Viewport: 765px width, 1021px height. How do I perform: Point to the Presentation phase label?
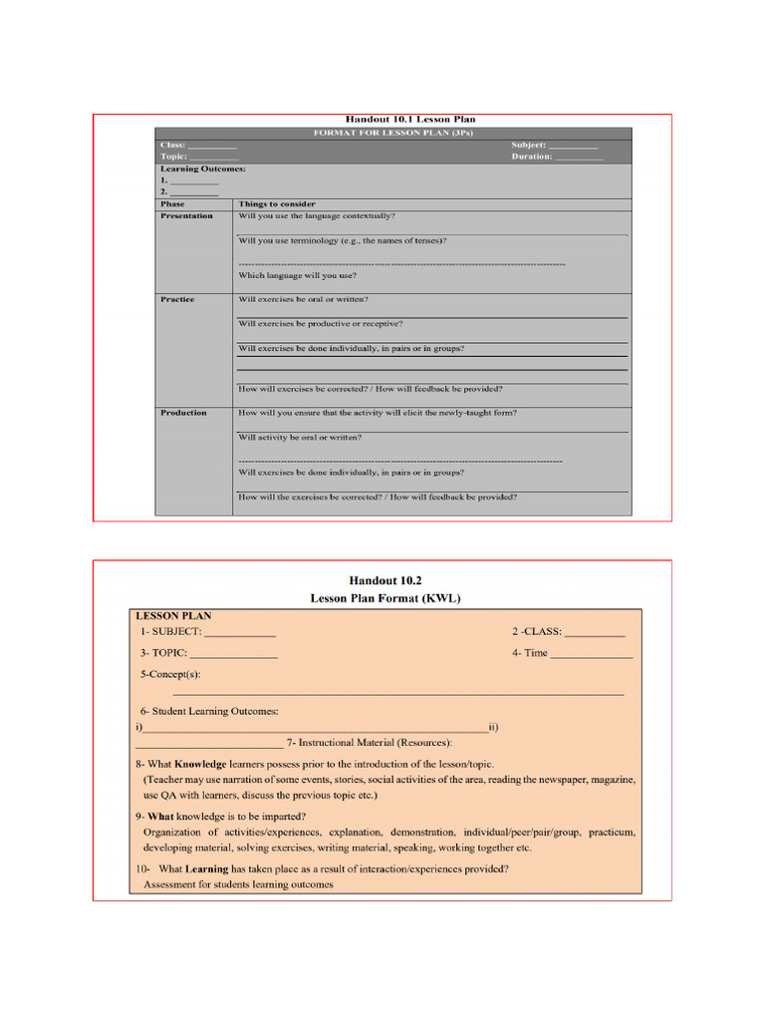coord(186,215)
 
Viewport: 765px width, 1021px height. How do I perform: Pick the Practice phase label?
coord(177,299)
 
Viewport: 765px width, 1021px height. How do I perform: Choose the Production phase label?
coord(183,412)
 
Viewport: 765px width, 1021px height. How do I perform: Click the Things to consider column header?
coord(276,203)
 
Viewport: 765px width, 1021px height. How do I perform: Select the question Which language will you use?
coord(297,275)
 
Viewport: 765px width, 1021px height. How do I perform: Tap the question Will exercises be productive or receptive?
coord(320,323)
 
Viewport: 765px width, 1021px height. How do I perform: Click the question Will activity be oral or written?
coord(300,437)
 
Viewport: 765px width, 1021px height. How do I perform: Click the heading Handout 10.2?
coord(379,579)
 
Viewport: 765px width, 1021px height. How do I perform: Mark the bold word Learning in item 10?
coord(202,868)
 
